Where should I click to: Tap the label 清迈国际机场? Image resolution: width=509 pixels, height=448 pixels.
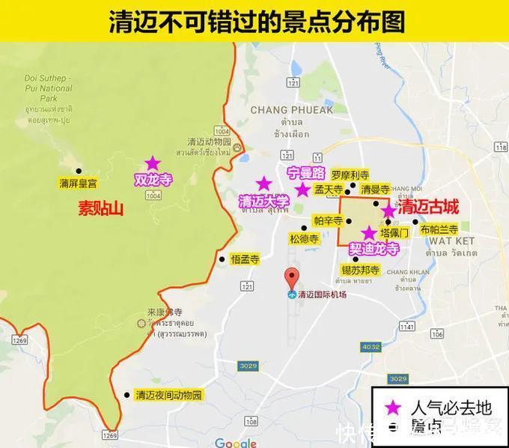click(x=322, y=294)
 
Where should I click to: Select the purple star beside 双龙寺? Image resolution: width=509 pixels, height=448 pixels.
click(x=152, y=163)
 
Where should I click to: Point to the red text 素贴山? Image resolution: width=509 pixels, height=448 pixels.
click(x=100, y=208)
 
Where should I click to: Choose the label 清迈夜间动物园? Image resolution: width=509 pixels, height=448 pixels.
click(x=168, y=395)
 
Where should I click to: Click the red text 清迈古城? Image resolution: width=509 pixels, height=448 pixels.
click(x=428, y=205)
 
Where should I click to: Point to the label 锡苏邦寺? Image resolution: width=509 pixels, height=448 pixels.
click(x=361, y=269)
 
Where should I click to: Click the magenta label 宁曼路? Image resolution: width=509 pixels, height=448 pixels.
click(x=307, y=174)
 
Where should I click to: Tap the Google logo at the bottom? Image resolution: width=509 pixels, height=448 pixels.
click(x=235, y=442)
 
